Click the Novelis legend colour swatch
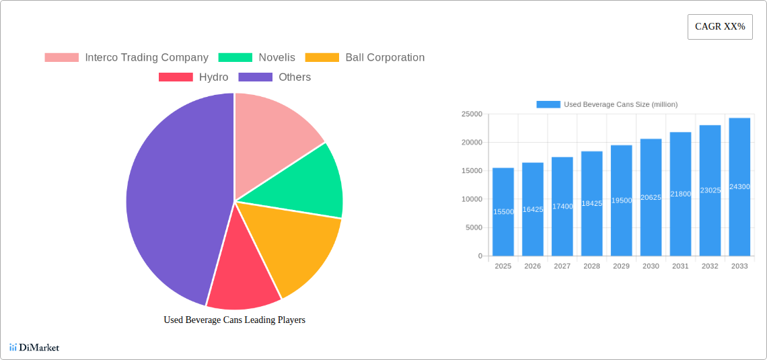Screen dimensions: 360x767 (235, 58)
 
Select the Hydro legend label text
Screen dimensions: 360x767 (213, 77)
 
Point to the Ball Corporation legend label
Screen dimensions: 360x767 (385, 58)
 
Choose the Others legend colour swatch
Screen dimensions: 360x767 (256, 77)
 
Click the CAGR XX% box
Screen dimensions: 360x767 (720, 27)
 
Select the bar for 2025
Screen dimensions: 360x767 (503, 212)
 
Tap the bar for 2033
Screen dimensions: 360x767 (739, 187)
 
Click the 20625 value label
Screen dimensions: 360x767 (651, 197)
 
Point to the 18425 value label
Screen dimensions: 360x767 (591, 203)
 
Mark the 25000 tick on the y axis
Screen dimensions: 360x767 (471, 114)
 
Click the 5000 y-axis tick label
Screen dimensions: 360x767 (473, 227)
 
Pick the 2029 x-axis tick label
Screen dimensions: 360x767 (621, 266)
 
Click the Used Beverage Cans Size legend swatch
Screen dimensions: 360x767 (548, 104)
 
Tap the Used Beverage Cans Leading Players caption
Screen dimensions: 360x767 (234, 320)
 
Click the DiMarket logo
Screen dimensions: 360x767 (34, 348)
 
